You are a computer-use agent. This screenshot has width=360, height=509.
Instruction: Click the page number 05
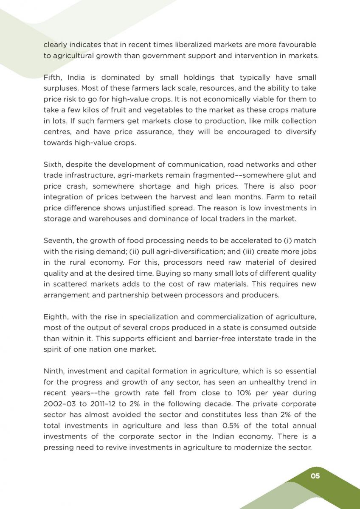click(x=315, y=476)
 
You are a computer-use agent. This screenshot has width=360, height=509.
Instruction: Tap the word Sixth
click(x=53, y=165)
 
